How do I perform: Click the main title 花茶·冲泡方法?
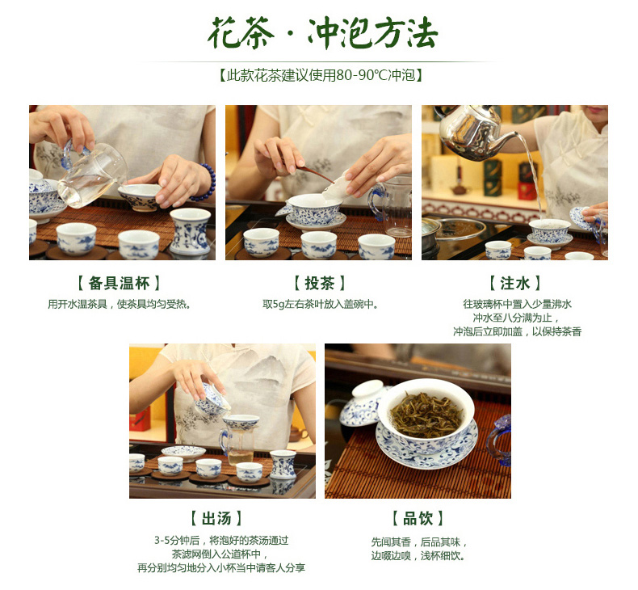pyautogui.click(x=323, y=33)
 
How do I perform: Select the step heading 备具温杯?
pyautogui.click(x=120, y=283)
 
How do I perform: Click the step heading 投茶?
pyautogui.click(x=320, y=283)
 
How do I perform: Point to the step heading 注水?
pyautogui.click(x=515, y=283)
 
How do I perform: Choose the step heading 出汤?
pyautogui.click(x=217, y=518)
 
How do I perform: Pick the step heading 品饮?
pyautogui.click(x=418, y=518)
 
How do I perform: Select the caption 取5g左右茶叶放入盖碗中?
pyautogui.click(x=320, y=304)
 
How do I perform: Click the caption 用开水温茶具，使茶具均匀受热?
pyautogui.click(x=120, y=304)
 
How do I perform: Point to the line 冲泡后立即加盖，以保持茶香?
pyautogui.click(x=517, y=331)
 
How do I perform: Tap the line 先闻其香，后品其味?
pyautogui.click(x=418, y=542)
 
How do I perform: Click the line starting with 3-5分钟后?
pyautogui.click(x=221, y=541)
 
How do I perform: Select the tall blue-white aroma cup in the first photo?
pyautogui.click(x=190, y=231)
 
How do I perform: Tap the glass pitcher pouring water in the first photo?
pyautogui.click(x=90, y=173)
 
